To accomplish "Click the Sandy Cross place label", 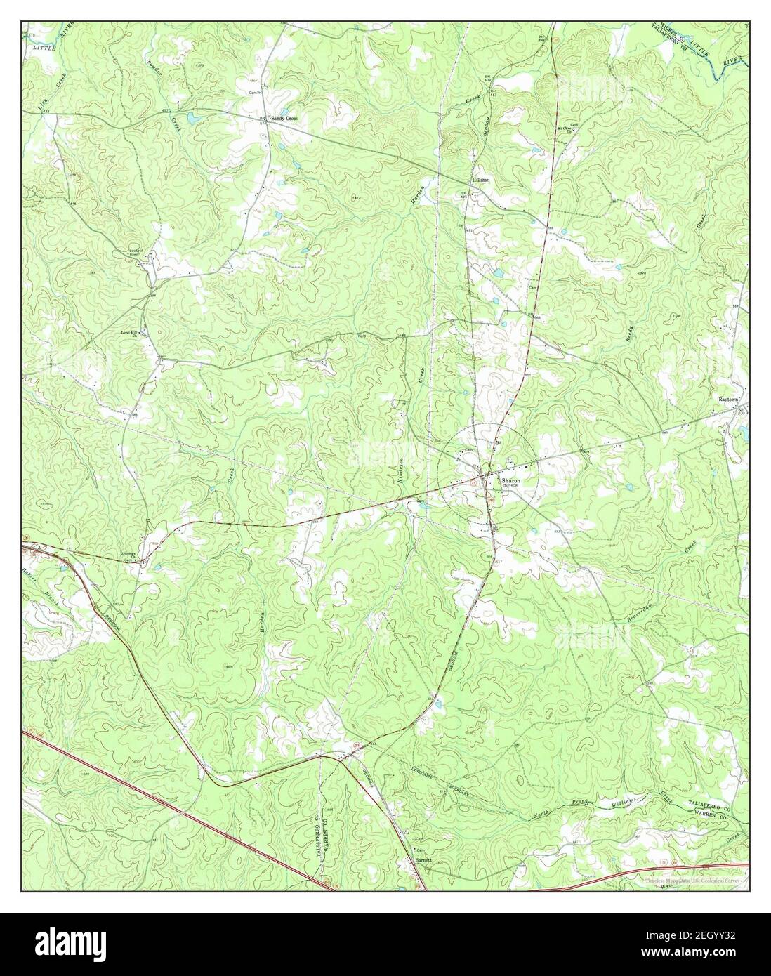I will click(x=284, y=119).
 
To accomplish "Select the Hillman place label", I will click(x=480, y=179).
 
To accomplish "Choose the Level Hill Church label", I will click(x=130, y=332).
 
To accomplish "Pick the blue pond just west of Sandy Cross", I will click(x=192, y=117).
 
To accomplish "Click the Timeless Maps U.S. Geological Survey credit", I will click(x=694, y=881).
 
